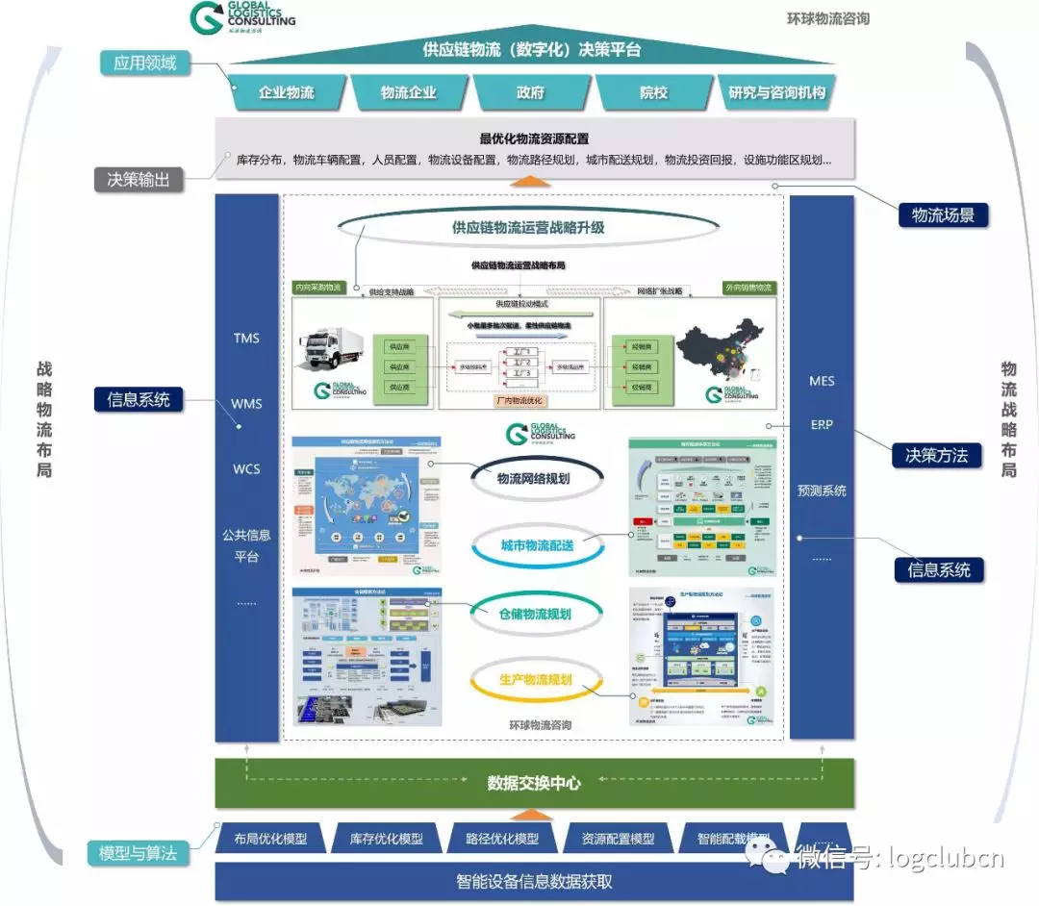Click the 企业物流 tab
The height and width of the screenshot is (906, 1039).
287,93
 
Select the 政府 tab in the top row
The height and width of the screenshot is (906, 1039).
530,93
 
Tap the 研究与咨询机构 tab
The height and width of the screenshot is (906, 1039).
777,93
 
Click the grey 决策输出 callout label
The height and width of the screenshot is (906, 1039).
139,179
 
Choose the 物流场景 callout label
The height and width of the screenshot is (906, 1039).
943,215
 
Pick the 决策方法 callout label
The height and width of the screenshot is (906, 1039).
936,455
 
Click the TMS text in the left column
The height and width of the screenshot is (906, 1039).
246,339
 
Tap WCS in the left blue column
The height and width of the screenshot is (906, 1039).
246,469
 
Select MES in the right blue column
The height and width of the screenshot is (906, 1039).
822,381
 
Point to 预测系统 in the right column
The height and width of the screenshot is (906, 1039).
822,491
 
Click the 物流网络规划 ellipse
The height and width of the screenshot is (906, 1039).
535,479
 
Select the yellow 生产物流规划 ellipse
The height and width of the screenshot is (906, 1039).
535,680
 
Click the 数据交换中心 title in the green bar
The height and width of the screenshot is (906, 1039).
534,783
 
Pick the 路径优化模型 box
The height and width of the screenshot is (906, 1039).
501,839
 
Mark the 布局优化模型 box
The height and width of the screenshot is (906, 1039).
269,839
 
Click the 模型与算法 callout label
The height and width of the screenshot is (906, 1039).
138,852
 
